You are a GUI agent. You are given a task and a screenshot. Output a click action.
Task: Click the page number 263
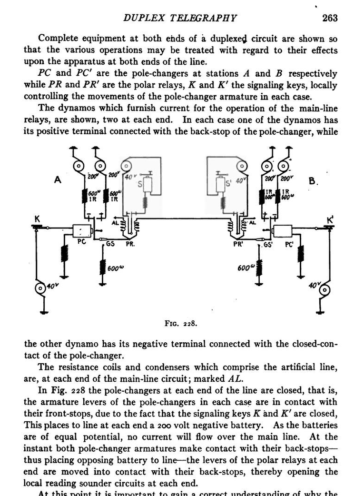(x=330, y=18)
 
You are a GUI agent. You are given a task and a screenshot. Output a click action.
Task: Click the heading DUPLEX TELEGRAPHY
(x=180, y=18)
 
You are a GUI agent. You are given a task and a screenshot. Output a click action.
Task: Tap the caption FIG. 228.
(x=181, y=323)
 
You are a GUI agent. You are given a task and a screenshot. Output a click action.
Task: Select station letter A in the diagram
(x=57, y=180)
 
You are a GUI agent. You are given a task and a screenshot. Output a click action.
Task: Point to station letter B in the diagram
(x=312, y=181)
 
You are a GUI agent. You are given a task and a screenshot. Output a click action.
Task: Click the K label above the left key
(x=37, y=218)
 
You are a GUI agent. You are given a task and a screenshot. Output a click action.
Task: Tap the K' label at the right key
(x=330, y=219)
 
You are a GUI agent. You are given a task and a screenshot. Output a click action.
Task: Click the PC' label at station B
(x=289, y=245)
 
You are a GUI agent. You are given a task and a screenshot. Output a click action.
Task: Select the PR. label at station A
(x=130, y=244)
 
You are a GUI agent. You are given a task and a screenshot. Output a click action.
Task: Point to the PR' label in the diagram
(x=238, y=244)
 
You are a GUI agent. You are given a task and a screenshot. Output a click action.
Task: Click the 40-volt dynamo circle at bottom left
(x=40, y=288)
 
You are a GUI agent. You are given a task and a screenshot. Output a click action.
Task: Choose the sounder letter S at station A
(x=139, y=184)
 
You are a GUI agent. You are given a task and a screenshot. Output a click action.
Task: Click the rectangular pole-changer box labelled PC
(x=82, y=230)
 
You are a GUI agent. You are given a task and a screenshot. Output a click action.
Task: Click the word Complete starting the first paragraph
(x=59, y=39)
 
